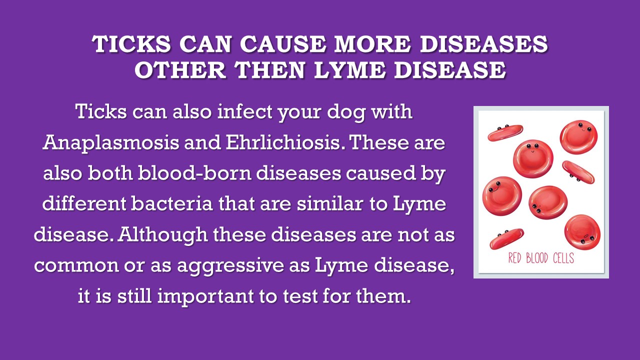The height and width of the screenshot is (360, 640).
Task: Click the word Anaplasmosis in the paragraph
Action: click(x=111, y=143)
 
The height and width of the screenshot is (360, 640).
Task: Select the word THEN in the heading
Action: click(x=269, y=70)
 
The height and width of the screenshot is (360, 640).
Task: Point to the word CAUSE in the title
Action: click(x=283, y=44)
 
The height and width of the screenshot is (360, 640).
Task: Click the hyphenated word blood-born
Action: click(x=194, y=173)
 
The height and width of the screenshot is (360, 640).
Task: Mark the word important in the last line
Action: click(x=205, y=296)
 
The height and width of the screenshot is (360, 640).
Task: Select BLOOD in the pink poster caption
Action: click(x=537, y=258)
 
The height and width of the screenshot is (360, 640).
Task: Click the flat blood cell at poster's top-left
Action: click(x=505, y=133)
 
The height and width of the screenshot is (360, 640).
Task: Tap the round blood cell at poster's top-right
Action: click(x=578, y=137)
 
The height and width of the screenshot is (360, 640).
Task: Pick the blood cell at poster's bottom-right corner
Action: click(x=582, y=232)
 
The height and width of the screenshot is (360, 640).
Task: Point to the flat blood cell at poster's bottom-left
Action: click(x=507, y=239)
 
